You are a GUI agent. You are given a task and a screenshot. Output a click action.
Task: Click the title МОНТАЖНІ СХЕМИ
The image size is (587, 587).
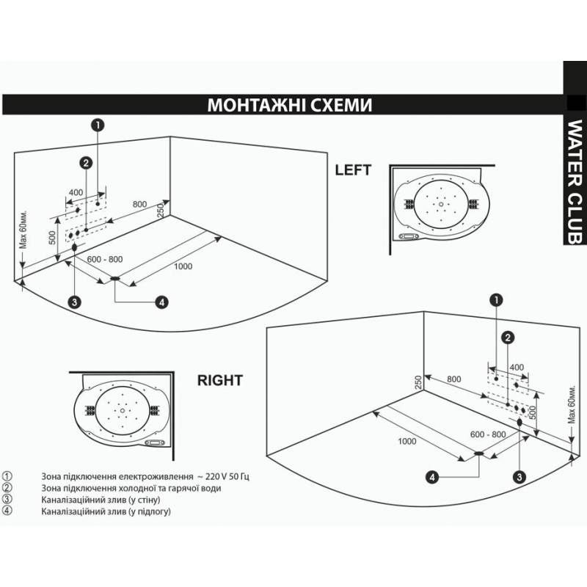(x=290, y=105)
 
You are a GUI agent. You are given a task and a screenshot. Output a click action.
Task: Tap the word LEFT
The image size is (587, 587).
(x=353, y=169)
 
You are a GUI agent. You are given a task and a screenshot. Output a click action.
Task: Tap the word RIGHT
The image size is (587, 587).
(x=220, y=381)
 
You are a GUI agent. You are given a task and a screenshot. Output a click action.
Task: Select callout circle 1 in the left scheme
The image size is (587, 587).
(x=97, y=125)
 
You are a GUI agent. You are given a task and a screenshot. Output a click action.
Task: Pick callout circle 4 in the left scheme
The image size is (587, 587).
(x=162, y=301)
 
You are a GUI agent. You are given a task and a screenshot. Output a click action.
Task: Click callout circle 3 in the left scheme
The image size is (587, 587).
(x=74, y=301)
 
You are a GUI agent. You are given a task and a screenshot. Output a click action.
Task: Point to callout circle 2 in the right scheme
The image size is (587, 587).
(x=506, y=337)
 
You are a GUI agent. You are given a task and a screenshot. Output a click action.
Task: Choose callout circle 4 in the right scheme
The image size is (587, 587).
(x=433, y=477)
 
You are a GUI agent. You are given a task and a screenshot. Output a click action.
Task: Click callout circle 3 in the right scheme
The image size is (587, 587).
(x=520, y=477)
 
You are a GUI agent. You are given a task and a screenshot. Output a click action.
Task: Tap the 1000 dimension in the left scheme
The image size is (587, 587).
(x=183, y=266)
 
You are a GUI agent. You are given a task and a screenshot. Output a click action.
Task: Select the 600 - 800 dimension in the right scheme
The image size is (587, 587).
(x=489, y=434)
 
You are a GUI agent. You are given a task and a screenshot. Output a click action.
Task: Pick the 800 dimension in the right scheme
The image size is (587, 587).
(x=453, y=380)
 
